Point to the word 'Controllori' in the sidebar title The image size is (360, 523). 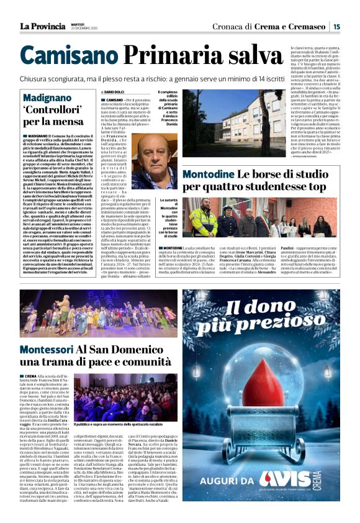[x=50, y=109]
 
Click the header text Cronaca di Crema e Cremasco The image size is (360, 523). [x=277, y=26]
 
